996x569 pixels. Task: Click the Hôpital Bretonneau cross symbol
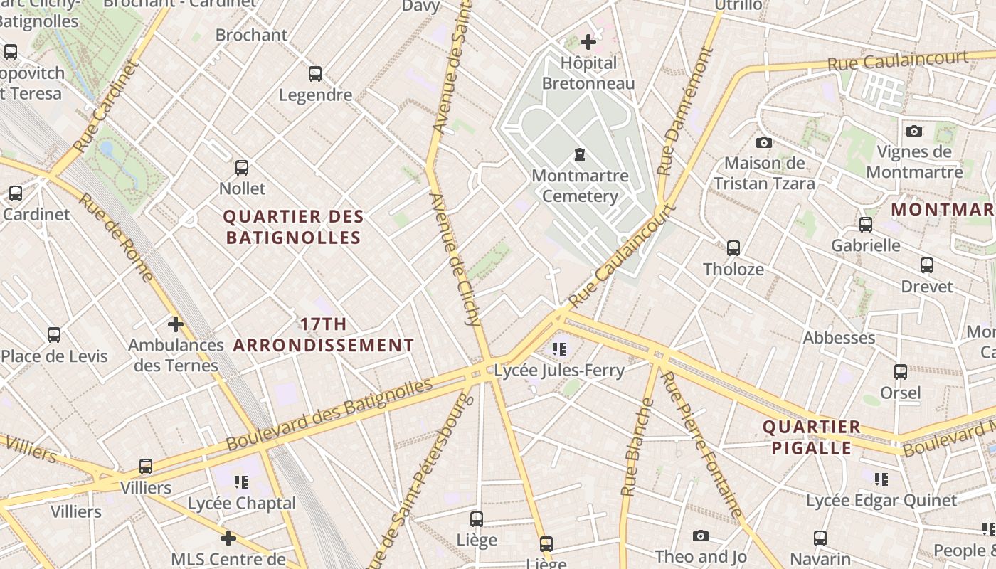coord(588,42)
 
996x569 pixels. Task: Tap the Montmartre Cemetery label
coord(580,186)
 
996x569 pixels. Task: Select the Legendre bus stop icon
coord(315,74)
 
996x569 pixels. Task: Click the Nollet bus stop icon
coord(242,168)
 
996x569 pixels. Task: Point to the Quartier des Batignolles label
coord(294,227)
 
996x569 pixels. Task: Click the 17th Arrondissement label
coord(324,335)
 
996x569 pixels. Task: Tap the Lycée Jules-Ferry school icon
coord(559,349)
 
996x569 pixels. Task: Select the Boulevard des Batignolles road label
coord(329,415)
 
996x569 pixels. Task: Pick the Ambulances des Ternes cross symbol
coord(176,325)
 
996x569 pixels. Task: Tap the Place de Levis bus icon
coord(54,335)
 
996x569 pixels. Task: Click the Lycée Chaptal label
coord(241,504)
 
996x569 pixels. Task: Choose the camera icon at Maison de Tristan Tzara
coord(764,142)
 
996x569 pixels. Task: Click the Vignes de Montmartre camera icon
coord(914,131)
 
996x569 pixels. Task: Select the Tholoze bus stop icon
coord(733,248)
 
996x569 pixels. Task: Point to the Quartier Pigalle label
coord(812,437)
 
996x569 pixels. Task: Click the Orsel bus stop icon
coord(901,372)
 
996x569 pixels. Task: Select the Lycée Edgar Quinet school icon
coord(881,479)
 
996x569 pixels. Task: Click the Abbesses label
coord(839,338)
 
